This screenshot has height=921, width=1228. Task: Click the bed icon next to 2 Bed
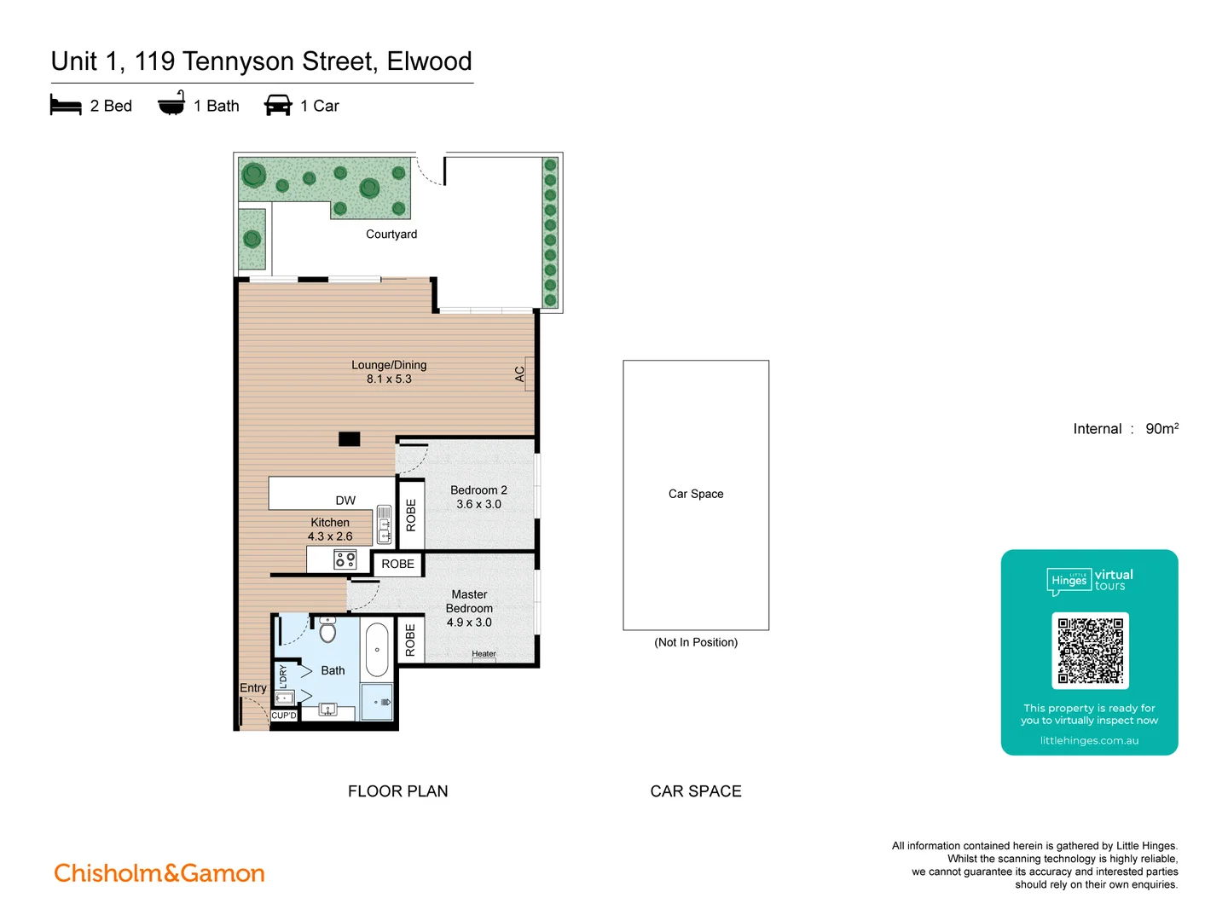66,105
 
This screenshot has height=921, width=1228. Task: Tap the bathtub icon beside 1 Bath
171,104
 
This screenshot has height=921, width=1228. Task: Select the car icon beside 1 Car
278,105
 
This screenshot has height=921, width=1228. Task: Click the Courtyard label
391,235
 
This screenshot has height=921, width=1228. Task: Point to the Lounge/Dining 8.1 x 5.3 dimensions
389,379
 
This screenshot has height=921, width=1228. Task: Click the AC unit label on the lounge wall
520,374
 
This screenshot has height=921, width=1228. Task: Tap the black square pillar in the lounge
349,439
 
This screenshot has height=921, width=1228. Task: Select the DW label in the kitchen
345,501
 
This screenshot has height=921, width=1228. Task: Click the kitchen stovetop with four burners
345,559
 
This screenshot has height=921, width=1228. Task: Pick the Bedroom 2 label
478,490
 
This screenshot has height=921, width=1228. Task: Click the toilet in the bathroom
327,631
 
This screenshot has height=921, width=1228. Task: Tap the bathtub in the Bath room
377,650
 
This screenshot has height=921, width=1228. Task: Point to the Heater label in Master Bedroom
484,654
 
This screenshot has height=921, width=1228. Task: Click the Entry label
253,688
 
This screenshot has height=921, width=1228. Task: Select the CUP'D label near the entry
284,715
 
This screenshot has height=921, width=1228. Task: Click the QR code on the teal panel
1090,651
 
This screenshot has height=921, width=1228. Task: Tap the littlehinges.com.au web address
1089,741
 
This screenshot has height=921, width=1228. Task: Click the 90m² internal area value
1161,429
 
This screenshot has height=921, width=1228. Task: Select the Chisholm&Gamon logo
159,873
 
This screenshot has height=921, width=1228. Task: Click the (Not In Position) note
696,642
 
